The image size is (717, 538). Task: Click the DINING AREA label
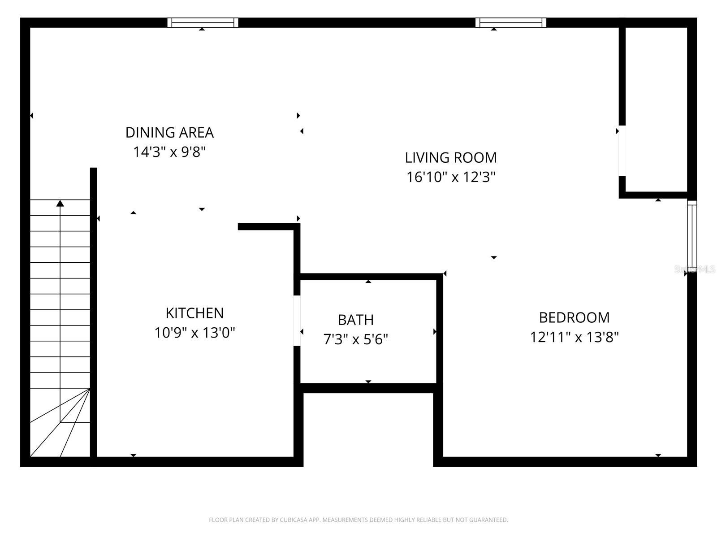pos(169,132)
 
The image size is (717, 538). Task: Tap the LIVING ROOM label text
pos(451,157)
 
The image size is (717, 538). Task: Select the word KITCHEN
pos(194,312)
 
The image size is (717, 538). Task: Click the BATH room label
pos(355,320)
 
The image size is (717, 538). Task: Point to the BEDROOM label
pos(574,317)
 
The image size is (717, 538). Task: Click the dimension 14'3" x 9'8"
pos(169,152)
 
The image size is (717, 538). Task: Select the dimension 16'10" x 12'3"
pos(451,177)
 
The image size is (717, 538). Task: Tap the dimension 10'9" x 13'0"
pos(194,333)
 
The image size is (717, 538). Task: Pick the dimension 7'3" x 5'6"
pos(355,339)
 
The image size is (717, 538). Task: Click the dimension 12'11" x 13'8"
pos(574,337)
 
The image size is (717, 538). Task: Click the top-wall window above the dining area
pos(203,22)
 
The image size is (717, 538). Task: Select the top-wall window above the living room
pos(510,22)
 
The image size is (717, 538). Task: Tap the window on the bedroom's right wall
pos(692,236)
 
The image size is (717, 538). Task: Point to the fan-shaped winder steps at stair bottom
pos(63,426)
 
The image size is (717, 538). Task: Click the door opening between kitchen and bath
pos(297,320)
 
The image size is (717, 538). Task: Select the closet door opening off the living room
pos(622,151)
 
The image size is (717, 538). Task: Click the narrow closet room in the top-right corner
pos(656,110)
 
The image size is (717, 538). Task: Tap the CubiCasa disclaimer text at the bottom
pos(358,520)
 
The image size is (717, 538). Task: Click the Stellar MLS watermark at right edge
pos(695,269)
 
